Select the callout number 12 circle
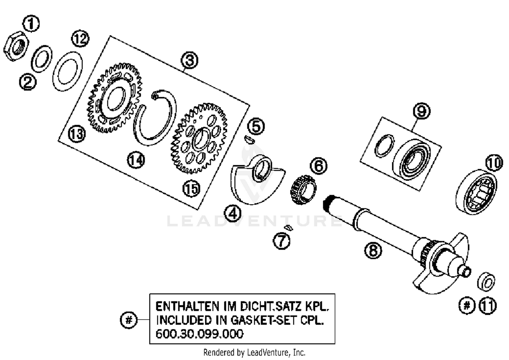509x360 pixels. (x=80, y=39)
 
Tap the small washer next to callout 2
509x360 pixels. (x=41, y=58)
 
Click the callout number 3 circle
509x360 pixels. (x=189, y=60)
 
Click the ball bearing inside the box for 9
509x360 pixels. (x=411, y=160)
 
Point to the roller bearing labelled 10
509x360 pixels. (x=476, y=192)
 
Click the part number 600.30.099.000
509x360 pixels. (x=199, y=334)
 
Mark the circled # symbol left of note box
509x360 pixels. (x=129, y=320)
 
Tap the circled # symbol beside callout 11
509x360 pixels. (x=467, y=305)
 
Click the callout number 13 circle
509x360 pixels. (x=77, y=134)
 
